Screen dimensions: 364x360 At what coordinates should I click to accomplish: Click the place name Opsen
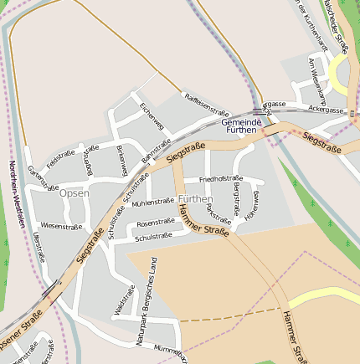pos(75,193)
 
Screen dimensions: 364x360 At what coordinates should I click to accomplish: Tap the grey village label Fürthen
pos(195,198)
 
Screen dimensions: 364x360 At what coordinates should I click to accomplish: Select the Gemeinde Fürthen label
pos(242,127)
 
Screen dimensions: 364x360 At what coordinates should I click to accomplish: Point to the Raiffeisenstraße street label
pos(206,104)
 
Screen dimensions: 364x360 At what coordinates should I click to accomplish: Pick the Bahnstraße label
pos(156,149)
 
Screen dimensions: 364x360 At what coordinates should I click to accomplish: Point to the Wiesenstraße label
pos(61,226)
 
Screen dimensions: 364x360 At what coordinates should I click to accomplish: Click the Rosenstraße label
pos(155,223)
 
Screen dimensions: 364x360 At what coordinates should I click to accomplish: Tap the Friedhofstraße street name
pos(220,178)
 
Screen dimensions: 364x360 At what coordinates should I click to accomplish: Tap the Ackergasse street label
pos(327,110)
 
